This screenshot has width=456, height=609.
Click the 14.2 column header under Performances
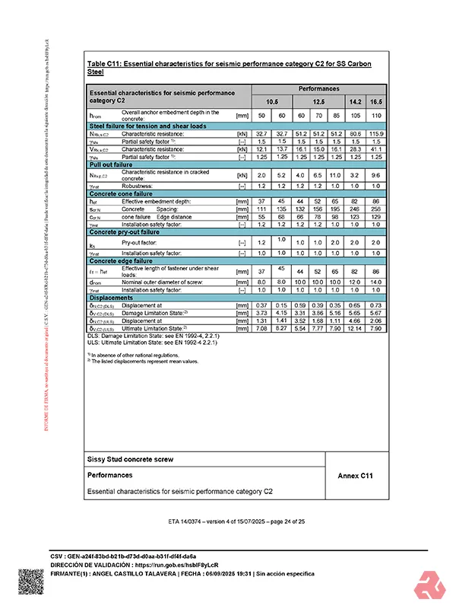[x=355, y=101]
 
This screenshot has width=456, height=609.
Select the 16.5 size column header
[x=376, y=101]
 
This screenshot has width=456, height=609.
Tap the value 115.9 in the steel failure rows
[x=376, y=134]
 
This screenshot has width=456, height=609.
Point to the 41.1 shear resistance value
[x=376, y=149]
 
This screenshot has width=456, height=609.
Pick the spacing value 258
[x=376, y=208]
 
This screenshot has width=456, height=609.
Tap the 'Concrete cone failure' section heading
[x=122, y=194]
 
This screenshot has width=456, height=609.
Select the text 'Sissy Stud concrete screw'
[x=131, y=460]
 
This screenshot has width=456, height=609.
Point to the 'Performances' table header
[x=318, y=88]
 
